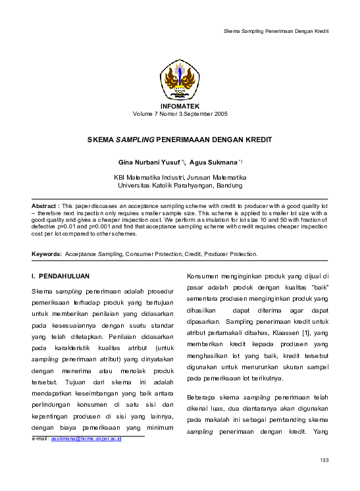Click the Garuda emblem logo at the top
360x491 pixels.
180,80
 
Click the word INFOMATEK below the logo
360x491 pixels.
180,106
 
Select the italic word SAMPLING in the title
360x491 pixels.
135,140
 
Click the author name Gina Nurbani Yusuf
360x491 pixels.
149,161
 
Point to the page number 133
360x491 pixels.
323,459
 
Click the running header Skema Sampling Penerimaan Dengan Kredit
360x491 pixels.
276,31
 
